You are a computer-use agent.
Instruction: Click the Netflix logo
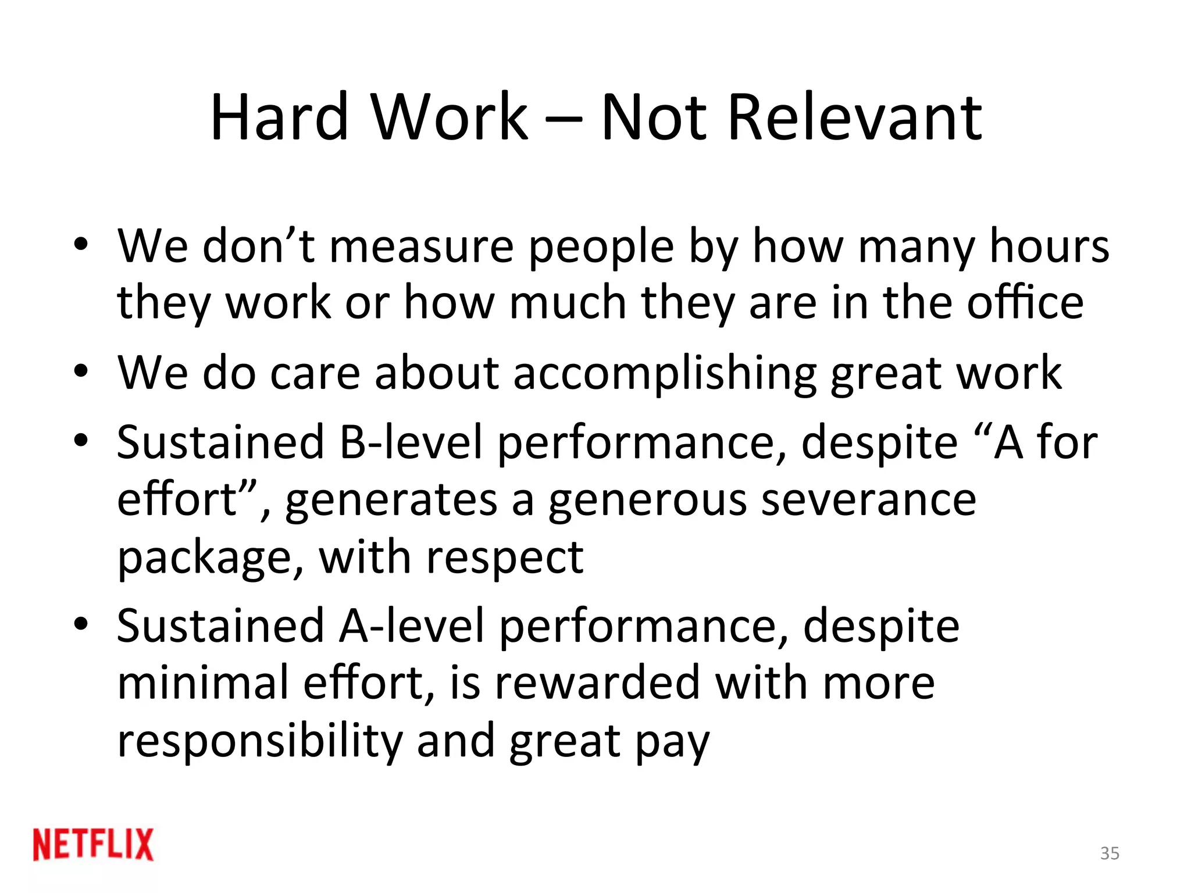point(93,844)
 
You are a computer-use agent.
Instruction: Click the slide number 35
point(1110,853)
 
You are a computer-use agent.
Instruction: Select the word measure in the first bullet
point(422,247)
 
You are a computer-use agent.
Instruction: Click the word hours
point(1049,247)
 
